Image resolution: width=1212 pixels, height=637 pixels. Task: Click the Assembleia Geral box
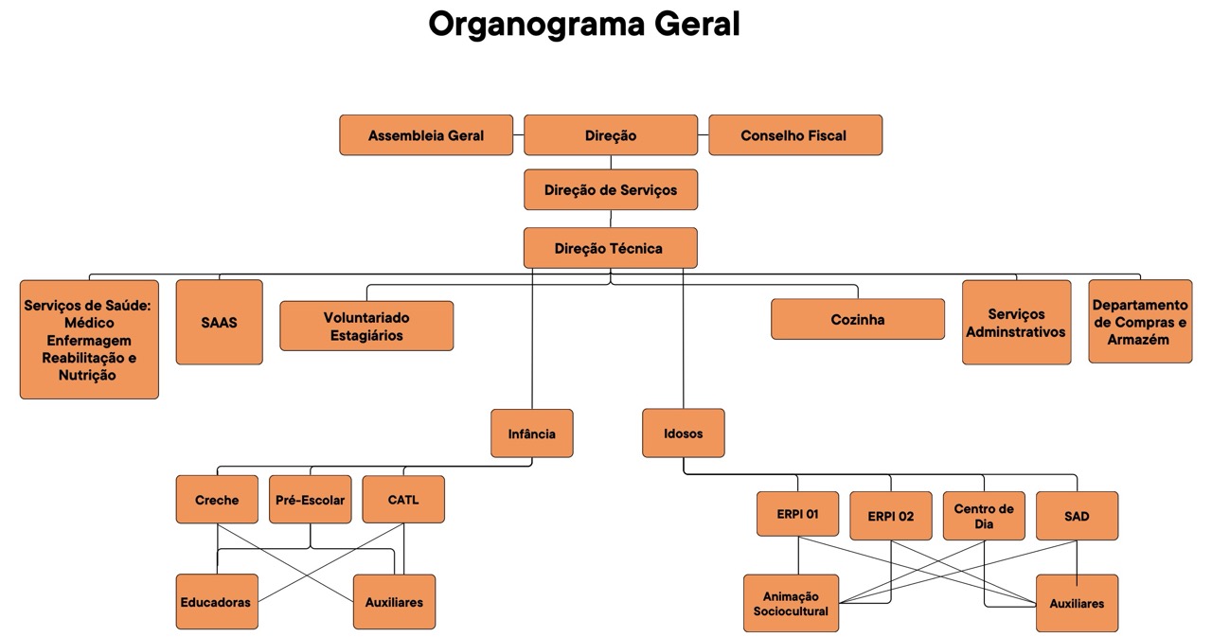point(426,135)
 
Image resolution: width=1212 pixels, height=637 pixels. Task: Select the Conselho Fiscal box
point(795,135)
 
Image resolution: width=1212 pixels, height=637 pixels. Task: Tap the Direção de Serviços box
point(611,190)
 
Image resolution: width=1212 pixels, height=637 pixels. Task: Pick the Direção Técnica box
point(611,248)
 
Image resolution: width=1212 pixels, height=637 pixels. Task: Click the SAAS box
point(219,322)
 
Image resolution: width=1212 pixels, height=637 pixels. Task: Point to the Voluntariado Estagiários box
point(366,326)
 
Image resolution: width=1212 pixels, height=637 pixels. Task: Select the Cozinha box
point(858,319)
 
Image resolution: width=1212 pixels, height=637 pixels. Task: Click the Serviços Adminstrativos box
point(1016,323)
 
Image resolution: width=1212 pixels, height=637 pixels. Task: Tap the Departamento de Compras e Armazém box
point(1140,322)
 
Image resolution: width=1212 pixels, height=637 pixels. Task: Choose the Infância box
point(532,434)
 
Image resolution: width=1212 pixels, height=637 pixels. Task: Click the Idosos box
point(684,434)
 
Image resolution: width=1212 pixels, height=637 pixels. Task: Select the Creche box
point(217,500)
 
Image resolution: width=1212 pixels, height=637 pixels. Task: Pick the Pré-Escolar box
point(311,500)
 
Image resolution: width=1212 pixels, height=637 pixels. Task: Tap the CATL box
point(403,500)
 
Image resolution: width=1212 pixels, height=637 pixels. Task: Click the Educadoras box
point(217,602)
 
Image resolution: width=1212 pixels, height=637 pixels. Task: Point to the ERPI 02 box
point(891,516)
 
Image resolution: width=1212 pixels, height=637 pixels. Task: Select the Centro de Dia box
point(984,516)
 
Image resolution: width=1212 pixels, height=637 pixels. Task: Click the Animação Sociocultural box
point(791,603)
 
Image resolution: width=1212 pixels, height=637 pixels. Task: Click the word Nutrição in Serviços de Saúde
point(89,376)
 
